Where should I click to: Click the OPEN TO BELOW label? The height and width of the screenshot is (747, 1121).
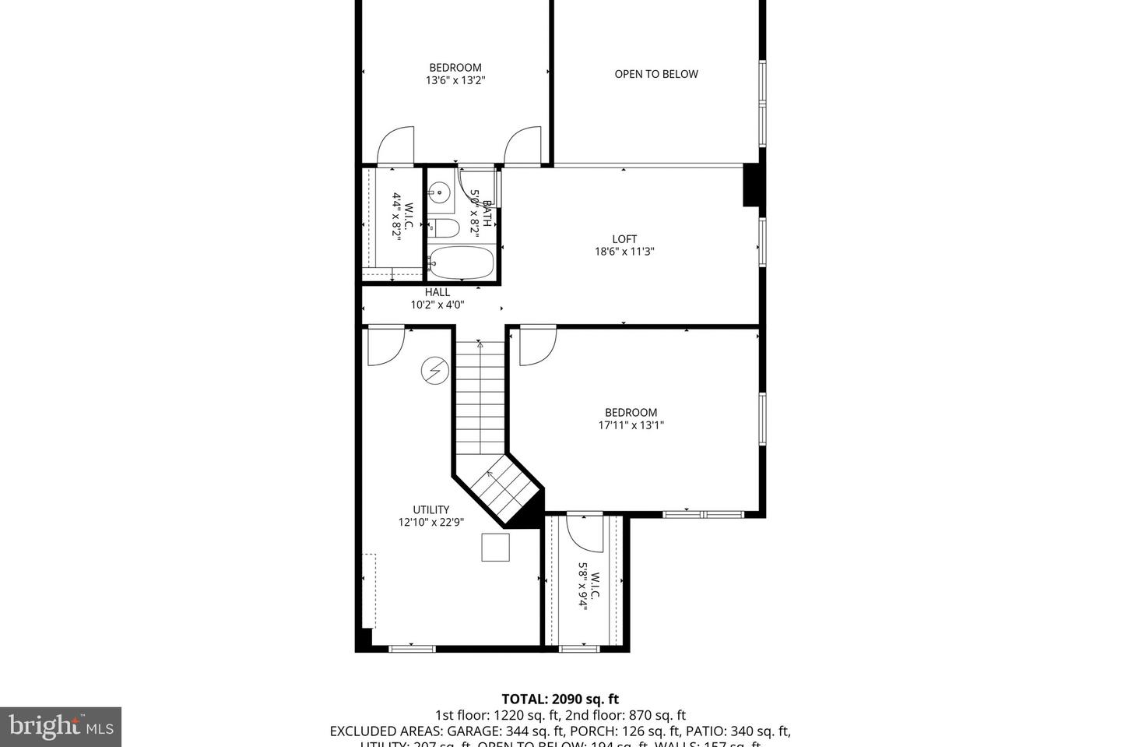pyautogui.click(x=655, y=74)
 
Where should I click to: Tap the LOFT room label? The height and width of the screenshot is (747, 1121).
pyautogui.click(x=624, y=239)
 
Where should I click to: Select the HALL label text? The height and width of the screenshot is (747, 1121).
pyautogui.click(x=437, y=292)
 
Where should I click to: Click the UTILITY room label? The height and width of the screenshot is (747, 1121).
pyautogui.click(x=430, y=509)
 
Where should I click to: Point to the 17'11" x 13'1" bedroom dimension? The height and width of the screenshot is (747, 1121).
pyautogui.click(x=631, y=425)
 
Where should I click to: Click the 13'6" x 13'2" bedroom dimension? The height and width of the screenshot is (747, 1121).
pyautogui.click(x=455, y=80)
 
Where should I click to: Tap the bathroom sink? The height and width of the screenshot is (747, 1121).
pyautogui.click(x=440, y=191)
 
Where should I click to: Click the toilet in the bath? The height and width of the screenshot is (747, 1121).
pyautogui.click(x=445, y=228)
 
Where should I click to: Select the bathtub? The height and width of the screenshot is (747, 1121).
pyautogui.click(x=461, y=263)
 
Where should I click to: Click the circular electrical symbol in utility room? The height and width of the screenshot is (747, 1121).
pyautogui.click(x=434, y=371)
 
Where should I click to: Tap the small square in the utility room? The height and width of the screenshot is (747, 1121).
pyautogui.click(x=495, y=547)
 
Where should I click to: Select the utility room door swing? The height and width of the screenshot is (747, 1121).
pyautogui.click(x=385, y=345)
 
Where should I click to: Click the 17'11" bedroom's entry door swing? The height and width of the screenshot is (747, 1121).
pyautogui.click(x=536, y=345)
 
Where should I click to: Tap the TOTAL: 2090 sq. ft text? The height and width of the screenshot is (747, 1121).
pyautogui.click(x=560, y=699)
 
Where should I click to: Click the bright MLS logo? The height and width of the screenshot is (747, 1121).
pyautogui.click(x=60, y=727)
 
